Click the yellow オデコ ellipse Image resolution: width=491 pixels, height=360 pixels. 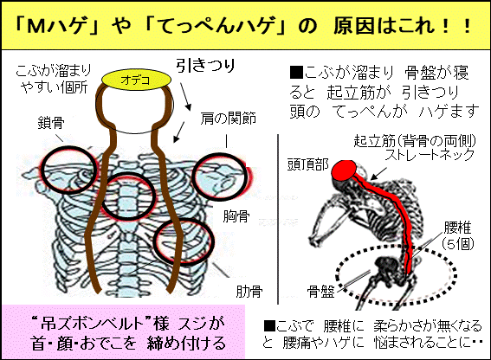click(x=137, y=80)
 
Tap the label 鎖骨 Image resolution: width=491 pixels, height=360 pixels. click(x=51, y=123)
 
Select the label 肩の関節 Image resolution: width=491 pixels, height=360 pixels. click(x=229, y=119)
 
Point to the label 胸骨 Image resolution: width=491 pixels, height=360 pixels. click(x=236, y=216)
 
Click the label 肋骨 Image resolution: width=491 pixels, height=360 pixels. click(x=249, y=291)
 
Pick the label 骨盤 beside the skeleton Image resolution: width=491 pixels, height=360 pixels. click(x=320, y=292)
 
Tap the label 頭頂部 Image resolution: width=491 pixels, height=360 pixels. click(x=307, y=164)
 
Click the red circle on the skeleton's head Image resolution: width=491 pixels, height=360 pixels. click(x=344, y=170)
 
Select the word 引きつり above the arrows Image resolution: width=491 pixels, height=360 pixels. click(x=205, y=65)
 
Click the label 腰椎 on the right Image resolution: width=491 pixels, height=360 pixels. click(x=457, y=228)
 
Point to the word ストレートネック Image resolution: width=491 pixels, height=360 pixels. click(x=430, y=155)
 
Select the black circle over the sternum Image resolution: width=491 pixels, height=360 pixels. click(x=128, y=196)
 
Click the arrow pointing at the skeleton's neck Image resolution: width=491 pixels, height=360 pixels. click(x=378, y=173)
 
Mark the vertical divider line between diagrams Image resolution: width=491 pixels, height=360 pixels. click(x=278, y=219)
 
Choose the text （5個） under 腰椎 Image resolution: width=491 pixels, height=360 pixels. click(x=457, y=244)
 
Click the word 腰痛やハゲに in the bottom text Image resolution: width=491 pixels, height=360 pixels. click(x=323, y=343)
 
